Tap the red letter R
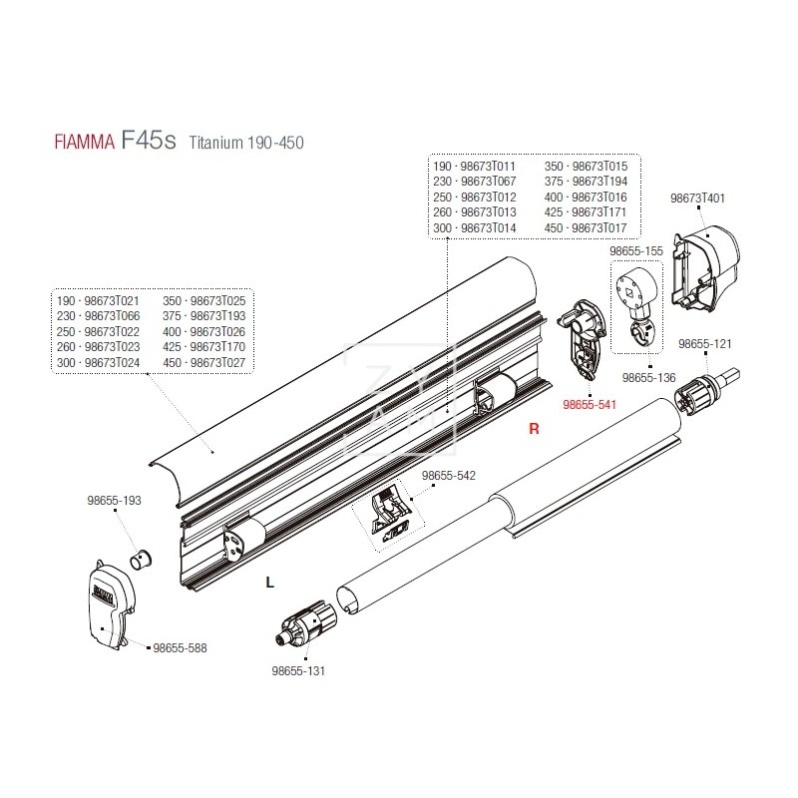pos(534,430)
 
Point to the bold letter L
pos(270,583)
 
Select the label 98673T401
pos(698,199)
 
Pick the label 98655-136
pos(648,378)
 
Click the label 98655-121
pos(704,343)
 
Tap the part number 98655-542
pos(449,476)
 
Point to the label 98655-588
pos(181,647)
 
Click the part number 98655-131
pos(298,671)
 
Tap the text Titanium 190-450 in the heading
pos(245,144)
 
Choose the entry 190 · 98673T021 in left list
pos(99,300)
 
